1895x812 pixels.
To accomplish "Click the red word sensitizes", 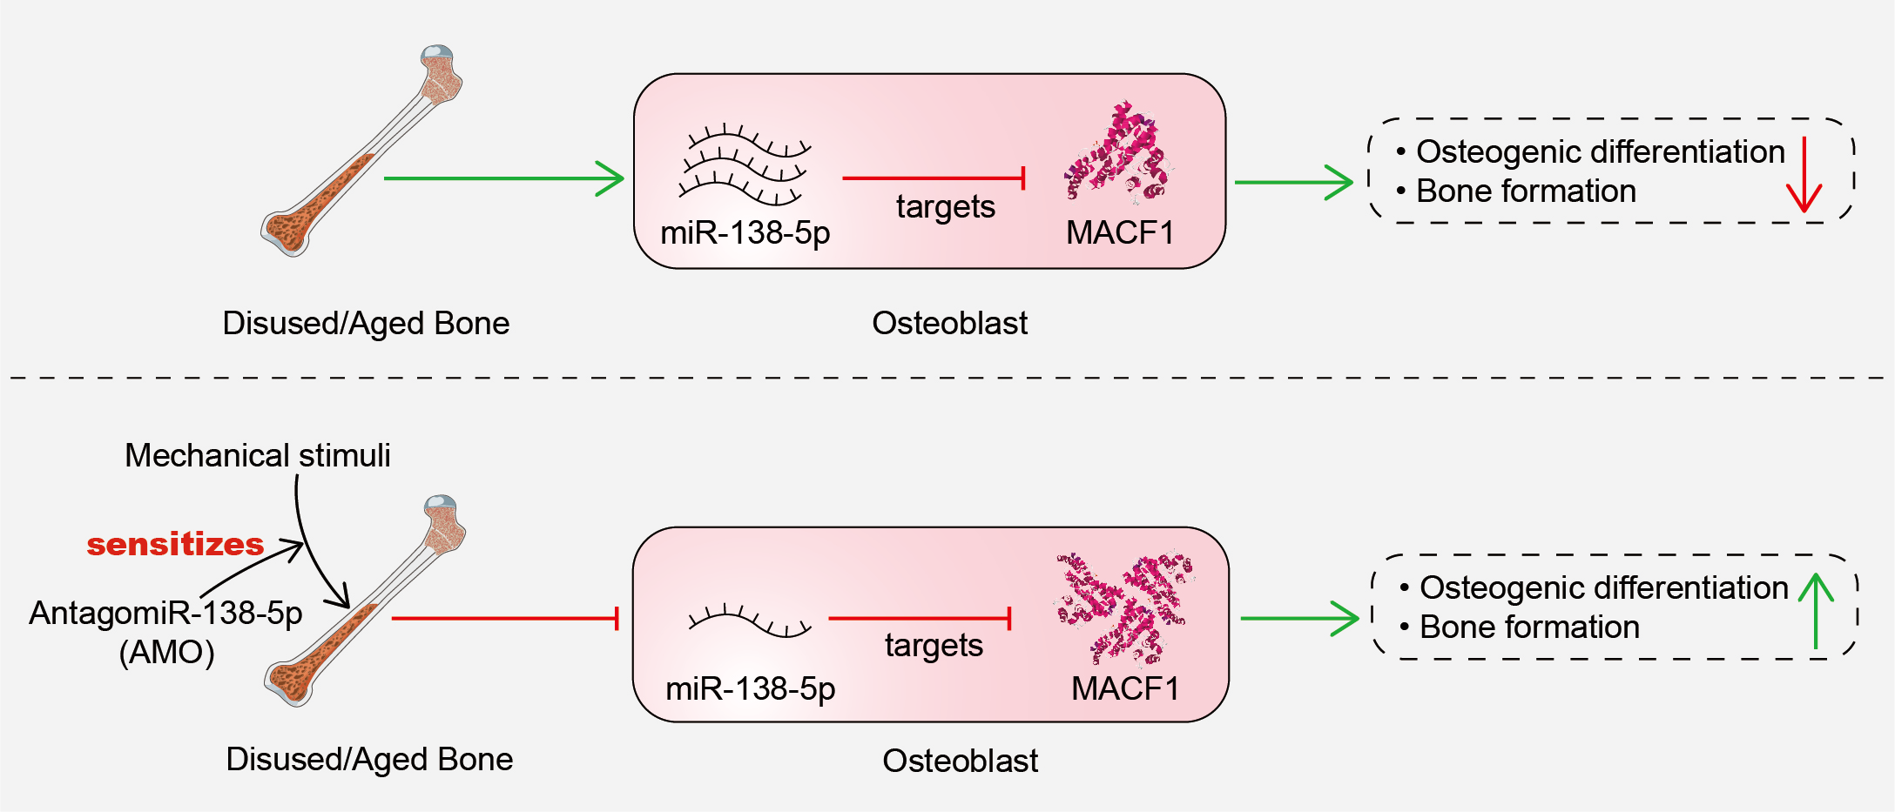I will (x=175, y=544).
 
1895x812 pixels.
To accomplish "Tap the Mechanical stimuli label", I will (x=257, y=455).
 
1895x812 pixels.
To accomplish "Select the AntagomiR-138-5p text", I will (x=165, y=614).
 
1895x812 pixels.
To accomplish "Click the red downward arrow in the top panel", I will (x=1804, y=174).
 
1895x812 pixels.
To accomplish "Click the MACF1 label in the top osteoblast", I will (x=1120, y=232).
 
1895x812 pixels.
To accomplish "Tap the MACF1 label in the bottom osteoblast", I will (x=1125, y=688).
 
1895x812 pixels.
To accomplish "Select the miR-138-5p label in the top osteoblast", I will (x=745, y=232).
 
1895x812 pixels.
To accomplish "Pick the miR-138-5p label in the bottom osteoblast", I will (x=750, y=688).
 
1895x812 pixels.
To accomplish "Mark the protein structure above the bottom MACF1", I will (x=1123, y=605).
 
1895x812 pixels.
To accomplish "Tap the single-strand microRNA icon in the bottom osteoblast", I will (x=749, y=621).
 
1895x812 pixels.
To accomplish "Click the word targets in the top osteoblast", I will (x=945, y=207).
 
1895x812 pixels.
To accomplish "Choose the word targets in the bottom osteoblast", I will (x=934, y=646).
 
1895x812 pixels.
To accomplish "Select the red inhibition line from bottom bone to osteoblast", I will (x=505, y=618).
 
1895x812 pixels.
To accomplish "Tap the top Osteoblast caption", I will (x=949, y=323).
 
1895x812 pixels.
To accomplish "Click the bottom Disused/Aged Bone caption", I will (x=369, y=759).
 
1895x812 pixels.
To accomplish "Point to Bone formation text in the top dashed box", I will (x=1526, y=191).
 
